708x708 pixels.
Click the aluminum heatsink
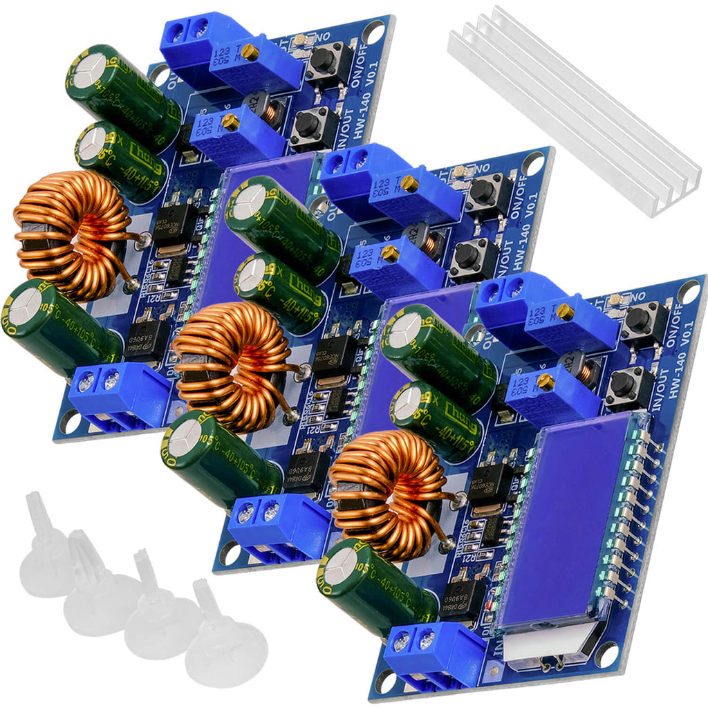574,111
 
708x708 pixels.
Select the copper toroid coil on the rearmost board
73,235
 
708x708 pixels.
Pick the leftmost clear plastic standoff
45,553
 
